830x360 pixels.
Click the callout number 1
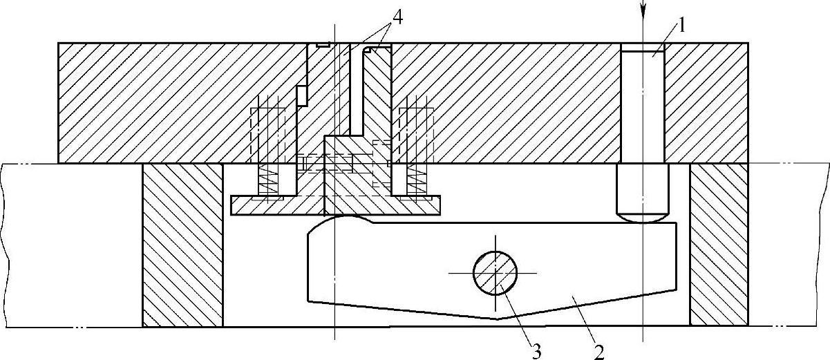pyautogui.click(x=681, y=27)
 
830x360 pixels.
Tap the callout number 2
pyautogui.click(x=598, y=351)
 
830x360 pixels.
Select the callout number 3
pyautogui.click(x=536, y=351)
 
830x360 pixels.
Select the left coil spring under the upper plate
pyautogui.click(x=267, y=181)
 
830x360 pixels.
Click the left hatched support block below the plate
pyautogui.click(x=182, y=245)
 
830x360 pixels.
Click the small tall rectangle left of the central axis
pyautogui.click(x=301, y=95)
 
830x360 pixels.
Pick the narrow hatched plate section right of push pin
pyautogui.click(x=705, y=102)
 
